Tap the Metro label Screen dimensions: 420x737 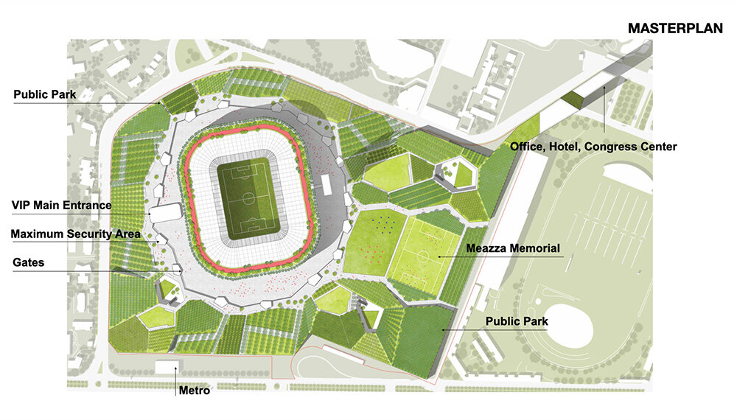pos(195,391)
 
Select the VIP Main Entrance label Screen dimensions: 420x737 pos(61,206)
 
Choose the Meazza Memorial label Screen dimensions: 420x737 pos(514,248)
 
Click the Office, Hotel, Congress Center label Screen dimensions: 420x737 pos(593,147)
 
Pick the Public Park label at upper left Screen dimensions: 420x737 pos(44,95)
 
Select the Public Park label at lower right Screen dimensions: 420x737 pos(517,321)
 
